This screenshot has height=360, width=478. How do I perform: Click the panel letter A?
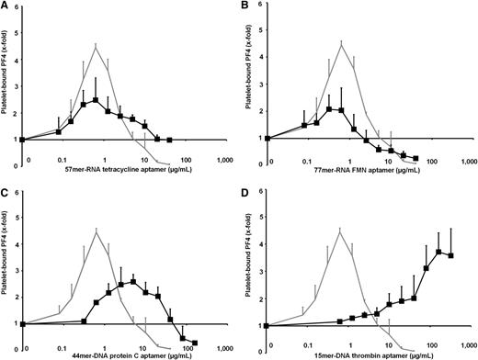click(x=6, y=6)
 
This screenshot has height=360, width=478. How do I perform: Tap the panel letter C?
click(x=6, y=190)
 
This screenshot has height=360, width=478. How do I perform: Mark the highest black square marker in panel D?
click(x=439, y=252)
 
